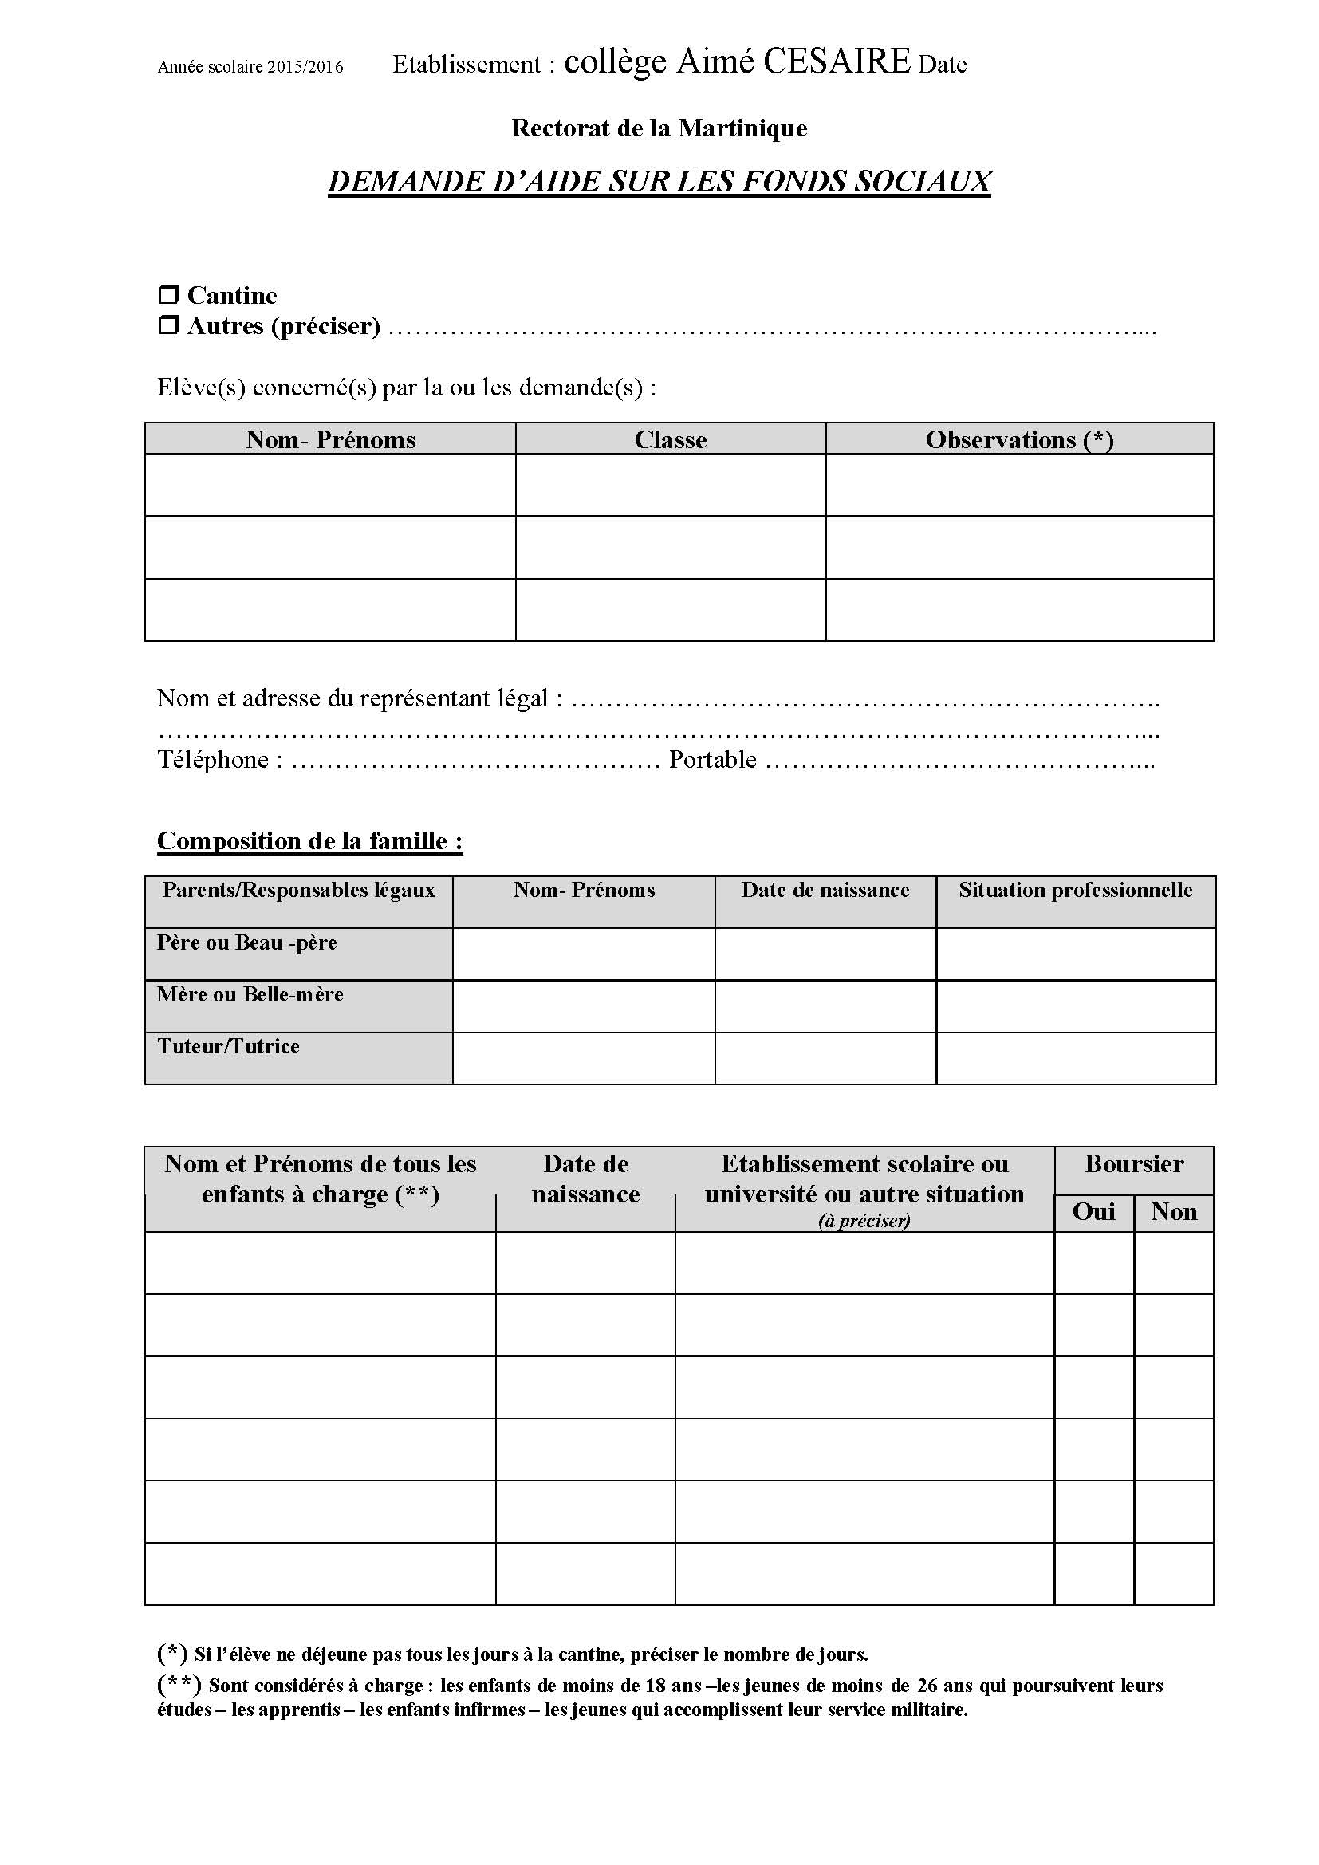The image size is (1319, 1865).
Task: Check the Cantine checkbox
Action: pos(168,294)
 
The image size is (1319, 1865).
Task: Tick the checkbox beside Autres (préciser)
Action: pos(168,326)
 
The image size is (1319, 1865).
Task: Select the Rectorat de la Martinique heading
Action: pos(659,128)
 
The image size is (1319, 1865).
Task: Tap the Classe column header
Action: pos(670,439)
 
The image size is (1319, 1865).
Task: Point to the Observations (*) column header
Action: pos(1019,439)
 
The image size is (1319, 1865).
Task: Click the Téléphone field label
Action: pos(219,760)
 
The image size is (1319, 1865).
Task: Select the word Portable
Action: pos(712,760)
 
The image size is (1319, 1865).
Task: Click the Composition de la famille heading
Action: pos(309,840)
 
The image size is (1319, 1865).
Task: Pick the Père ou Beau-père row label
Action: pos(247,942)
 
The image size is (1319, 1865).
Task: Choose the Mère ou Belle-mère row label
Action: pos(250,994)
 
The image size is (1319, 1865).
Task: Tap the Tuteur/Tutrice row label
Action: pos(228,1046)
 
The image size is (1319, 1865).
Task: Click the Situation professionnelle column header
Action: pos(1075,891)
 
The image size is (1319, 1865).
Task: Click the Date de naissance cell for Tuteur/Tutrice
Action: pos(825,1058)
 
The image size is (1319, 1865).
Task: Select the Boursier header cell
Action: pos(1134,1164)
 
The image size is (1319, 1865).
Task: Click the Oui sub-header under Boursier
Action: pos(1093,1212)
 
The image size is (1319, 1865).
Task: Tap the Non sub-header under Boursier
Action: pos(1174,1212)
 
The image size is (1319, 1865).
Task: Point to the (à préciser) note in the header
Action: pos(864,1220)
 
